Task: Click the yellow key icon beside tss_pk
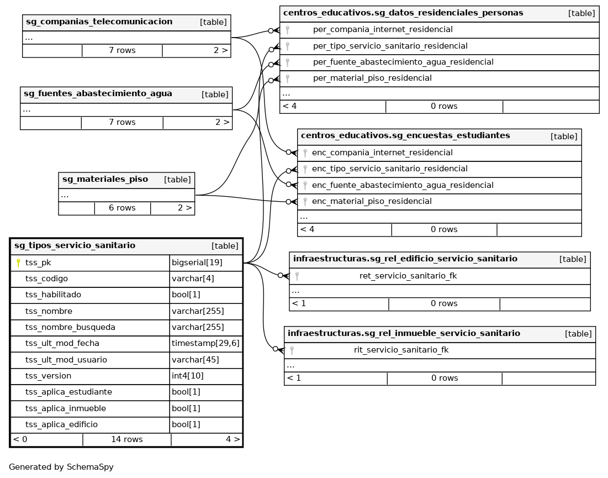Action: pyautogui.click(x=18, y=263)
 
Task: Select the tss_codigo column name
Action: pyautogui.click(x=46, y=279)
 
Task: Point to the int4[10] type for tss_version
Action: pyautogui.click(x=185, y=376)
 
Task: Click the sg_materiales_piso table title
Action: pyautogui.click(x=105, y=179)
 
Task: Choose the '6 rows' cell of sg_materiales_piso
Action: pyautogui.click(x=122, y=208)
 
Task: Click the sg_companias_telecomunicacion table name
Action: pyautogui.click(x=99, y=22)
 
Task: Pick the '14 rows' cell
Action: pyautogui.click(x=126, y=439)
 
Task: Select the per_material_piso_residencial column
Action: pyautogui.click(x=372, y=78)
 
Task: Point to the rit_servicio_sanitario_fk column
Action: pyautogui.click(x=401, y=350)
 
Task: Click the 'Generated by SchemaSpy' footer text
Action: pyautogui.click(x=61, y=467)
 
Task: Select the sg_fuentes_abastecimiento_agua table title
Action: pyautogui.click(x=98, y=94)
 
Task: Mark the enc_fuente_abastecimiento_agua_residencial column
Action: pyautogui.click(x=403, y=185)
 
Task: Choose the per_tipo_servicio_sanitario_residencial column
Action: pyautogui.click(x=390, y=46)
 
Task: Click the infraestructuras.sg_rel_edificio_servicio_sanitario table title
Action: pyautogui.click(x=405, y=259)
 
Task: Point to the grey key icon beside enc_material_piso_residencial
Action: pyautogui.click(x=305, y=202)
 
